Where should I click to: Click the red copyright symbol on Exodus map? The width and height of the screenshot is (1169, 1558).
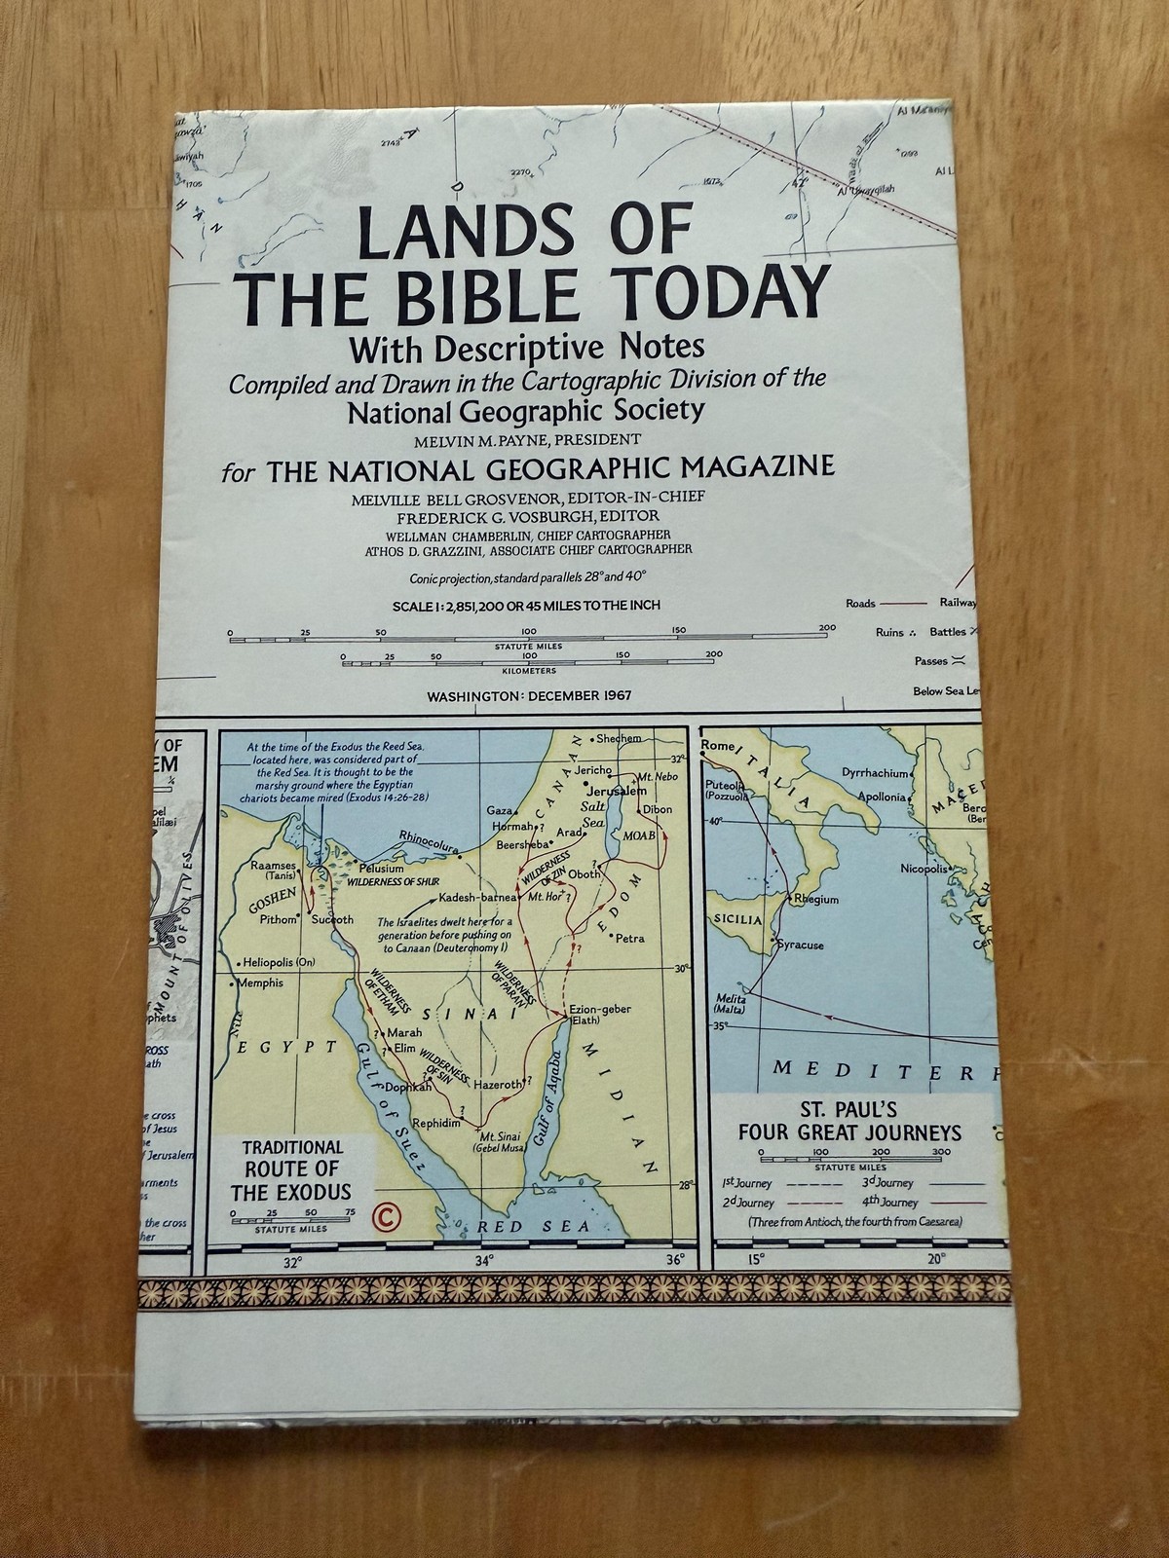(x=387, y=1215)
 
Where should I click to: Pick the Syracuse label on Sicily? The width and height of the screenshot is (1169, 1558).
(x=799, y=945)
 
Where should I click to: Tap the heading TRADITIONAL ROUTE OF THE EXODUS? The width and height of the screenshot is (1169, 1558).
(x=292, y=1169)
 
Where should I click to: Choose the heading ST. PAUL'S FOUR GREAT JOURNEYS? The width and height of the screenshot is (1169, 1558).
(x=849, y=1121)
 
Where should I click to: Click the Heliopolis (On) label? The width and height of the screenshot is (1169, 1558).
(x=282, y=961)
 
